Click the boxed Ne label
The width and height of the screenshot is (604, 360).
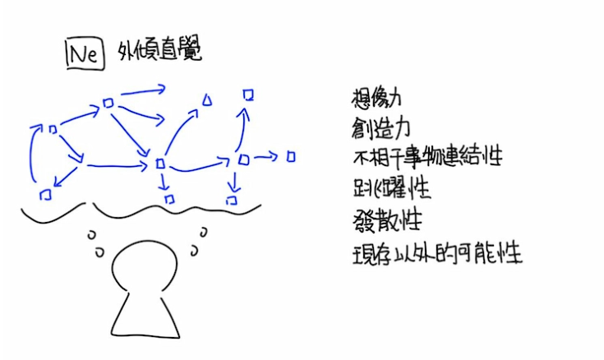(x=85, y=53)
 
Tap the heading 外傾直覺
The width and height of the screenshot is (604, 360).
(x=159, y=49)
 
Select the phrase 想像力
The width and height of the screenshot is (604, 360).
(x=376, y=98)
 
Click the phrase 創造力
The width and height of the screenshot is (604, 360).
(x=380, y=128)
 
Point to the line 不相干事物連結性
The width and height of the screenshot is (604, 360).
(x=427, y=157)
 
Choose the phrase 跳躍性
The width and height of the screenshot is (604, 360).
(x=391, y=188)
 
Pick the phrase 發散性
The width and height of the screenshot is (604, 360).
(x=387, y=221)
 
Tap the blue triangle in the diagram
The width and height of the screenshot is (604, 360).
(x=207, y=99)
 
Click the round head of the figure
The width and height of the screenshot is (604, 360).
(x=145, y=265)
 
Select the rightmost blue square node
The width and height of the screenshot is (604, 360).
(x=291, y=156)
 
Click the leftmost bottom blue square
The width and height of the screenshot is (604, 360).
(x=46, y=195)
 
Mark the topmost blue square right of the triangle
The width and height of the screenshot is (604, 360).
(x=248, y=95)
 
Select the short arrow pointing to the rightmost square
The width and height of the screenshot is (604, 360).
(x=265, y=156)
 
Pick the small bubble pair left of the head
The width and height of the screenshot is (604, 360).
(x=95, y=243)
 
